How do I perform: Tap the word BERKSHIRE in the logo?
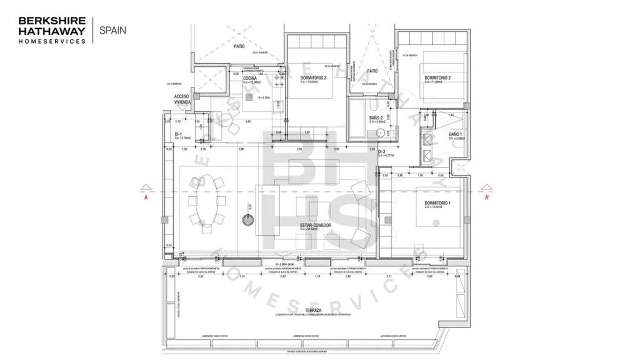(51, 19)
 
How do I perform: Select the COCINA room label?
(251, 77)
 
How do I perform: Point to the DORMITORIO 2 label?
(437, 77)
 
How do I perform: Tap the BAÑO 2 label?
(376, 117)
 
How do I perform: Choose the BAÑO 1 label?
(455, 134)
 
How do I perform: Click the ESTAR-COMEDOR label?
(315, 225)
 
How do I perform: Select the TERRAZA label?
(313, 310)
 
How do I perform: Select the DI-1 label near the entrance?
(178, 134)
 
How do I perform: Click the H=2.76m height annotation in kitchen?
(263, 97)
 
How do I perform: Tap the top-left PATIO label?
(239, 46)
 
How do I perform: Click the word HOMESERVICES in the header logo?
(52, 41)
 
